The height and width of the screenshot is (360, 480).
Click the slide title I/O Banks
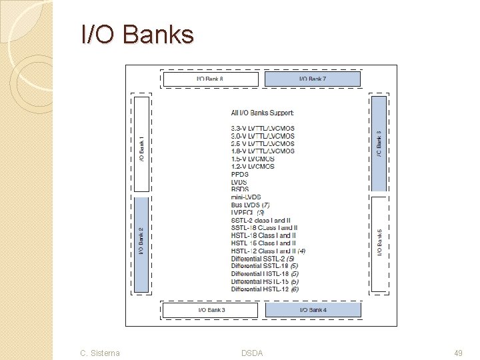point(137,34)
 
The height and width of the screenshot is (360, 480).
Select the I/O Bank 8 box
point(210,79)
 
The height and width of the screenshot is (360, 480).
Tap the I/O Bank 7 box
point(313,79)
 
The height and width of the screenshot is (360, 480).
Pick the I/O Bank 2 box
point(141,245)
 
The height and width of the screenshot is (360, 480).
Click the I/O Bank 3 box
point(211,310)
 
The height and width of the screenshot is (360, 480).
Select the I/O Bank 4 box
point(313,310)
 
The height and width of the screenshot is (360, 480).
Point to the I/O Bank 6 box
point(379,143)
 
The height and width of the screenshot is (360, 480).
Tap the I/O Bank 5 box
point(379,243)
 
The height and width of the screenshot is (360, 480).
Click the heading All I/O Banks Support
point(262,113)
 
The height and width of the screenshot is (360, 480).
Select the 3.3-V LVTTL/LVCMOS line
point(262,128)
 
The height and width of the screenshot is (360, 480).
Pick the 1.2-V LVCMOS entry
point(253,167)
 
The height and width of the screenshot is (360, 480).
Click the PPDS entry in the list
point(239,174)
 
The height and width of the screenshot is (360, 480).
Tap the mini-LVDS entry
point(246,197)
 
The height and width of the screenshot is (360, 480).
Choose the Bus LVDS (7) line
point(250,205)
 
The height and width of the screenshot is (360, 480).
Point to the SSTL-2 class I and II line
point(261,220)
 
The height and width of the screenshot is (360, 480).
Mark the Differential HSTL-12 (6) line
point(265,289)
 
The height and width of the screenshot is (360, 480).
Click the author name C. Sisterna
point(100,353)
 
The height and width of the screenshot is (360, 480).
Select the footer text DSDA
point(252,353)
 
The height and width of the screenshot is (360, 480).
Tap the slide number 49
point(457,353)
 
